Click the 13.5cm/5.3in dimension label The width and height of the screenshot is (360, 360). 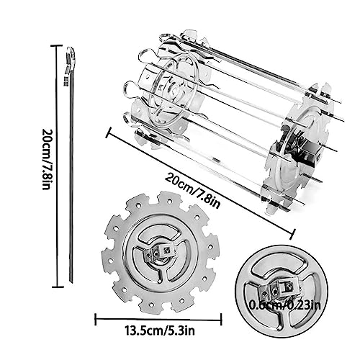[x=160, y=331]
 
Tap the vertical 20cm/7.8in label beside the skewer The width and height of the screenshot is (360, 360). [x=46, y=159]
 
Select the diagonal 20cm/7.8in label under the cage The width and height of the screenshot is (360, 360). [x=192, y=192]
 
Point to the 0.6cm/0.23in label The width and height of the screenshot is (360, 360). [x=284, y=305]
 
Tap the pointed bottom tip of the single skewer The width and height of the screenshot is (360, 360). [x=71, y=282]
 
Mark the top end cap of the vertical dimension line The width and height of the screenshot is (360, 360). [x=58, y=45]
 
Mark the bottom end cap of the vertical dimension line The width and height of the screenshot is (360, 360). [x=58, y=287]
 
